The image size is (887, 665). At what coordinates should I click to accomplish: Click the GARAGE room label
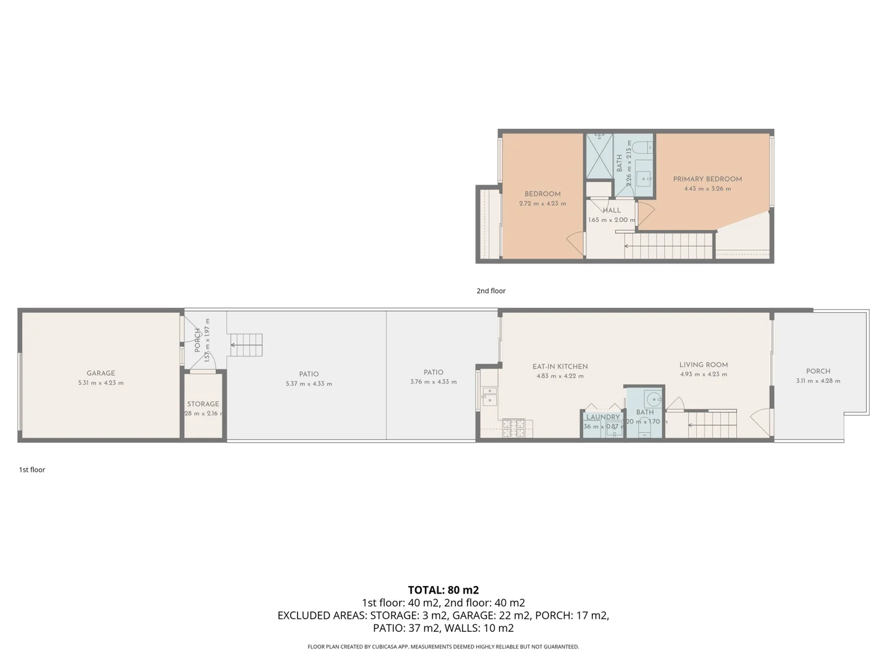click(100, 373)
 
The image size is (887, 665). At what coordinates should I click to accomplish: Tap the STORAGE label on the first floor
click(203, 404)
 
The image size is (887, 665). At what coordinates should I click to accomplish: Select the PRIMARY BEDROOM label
click(707, 179)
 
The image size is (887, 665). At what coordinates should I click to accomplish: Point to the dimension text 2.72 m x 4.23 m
click(542, 203)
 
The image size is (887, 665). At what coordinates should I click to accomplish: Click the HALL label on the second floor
click(612, 211)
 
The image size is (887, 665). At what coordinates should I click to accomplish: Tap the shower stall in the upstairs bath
click(599, 155)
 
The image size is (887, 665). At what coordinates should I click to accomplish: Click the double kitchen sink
click(488, 396)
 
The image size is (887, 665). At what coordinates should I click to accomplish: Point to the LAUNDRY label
click(602, 417)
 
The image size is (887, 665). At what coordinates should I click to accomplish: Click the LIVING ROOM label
click(703, 365)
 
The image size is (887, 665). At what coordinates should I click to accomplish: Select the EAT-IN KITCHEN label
click(560, 366)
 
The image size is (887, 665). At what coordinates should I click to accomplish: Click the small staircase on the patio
click(246, 345)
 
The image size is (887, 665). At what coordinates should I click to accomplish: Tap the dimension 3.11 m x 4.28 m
click(818, 381)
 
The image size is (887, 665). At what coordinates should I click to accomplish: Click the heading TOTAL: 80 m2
click(443, 590)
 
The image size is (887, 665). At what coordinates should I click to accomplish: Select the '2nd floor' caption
click(491, 291)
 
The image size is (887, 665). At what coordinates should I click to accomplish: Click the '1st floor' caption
click(32, 469)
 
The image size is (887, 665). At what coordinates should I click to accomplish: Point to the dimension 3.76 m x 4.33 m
click(433, 382)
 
